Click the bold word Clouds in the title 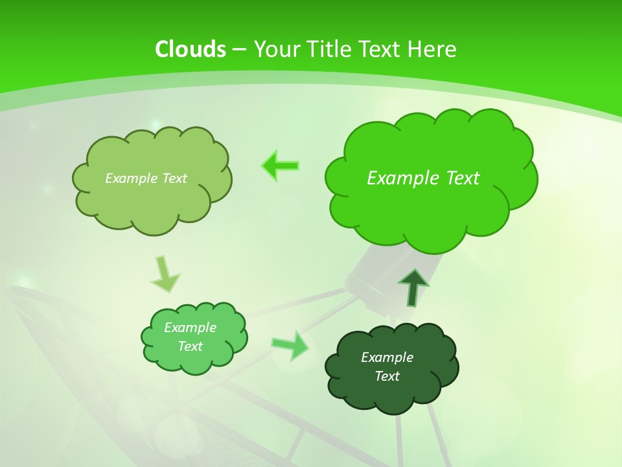190,49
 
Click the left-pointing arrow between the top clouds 281,166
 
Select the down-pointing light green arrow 165,274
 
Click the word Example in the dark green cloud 387,357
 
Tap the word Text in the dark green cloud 387,376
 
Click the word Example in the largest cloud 399,178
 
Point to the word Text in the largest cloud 458,178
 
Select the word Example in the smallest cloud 190,328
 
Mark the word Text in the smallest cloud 190,346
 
